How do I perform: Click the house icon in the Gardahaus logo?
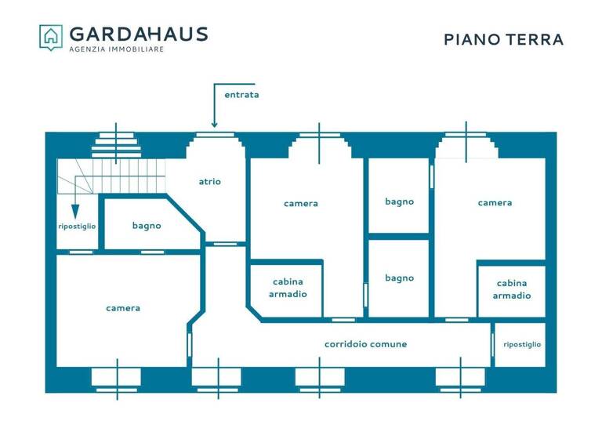[51, 37]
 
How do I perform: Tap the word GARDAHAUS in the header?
[139, 34]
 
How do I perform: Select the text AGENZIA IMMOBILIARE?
[117, 49]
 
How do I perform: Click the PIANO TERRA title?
[503, 39]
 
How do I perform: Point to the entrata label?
[241, 95]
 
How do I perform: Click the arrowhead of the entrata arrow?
[214, 123]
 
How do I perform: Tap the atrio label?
[209, 181]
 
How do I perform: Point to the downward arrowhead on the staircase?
[75, 212]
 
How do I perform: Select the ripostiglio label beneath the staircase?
[77, 226]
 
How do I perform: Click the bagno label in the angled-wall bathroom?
[147, 226]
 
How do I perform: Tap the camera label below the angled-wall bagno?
[123, 308]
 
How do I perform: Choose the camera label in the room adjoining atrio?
[301, 203]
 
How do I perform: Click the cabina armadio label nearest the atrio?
[287, 288]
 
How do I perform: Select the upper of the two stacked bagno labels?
[399, 201]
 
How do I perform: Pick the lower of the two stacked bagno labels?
[399, 278]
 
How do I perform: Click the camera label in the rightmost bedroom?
[495, 202]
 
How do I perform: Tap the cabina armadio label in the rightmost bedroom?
[511, 289]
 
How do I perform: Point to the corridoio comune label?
[365, 344]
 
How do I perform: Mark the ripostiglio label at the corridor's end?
[522, 344]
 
